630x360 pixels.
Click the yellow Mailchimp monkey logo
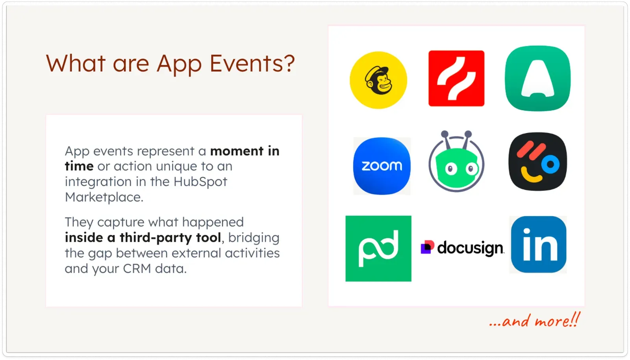(x=378, y=80)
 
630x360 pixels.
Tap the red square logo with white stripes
(x=456, y=78)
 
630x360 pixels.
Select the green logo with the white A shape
(x=538, y=78)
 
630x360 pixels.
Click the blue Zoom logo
(x=382, y=166)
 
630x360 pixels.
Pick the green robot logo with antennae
(x=456, y=163)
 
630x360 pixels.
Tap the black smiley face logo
(x=538, y=162)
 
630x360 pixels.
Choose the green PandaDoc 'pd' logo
(x=378, y=249)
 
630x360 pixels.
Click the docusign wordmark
(x=470, y=248)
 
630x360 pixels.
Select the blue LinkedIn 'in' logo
(x=538, y=245)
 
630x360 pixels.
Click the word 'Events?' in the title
(x=252, y=63)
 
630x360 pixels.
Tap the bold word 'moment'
(x=237, y=151)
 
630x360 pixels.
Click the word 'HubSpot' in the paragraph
(x=200, y=182)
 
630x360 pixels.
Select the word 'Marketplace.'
(x=104, y=197)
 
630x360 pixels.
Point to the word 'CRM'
(x=137, y=269)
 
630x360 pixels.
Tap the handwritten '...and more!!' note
(x=534, y=321)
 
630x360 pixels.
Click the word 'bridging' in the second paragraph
(x=254, y=238)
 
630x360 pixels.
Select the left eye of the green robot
(x=451, y=169)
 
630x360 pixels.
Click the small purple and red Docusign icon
(x=427, y=247)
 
